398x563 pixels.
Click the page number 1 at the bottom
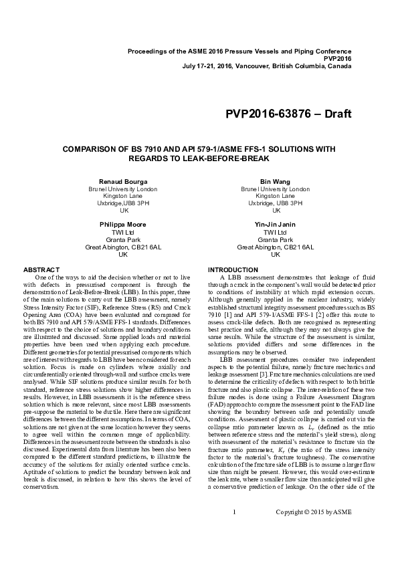click(235, 531)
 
